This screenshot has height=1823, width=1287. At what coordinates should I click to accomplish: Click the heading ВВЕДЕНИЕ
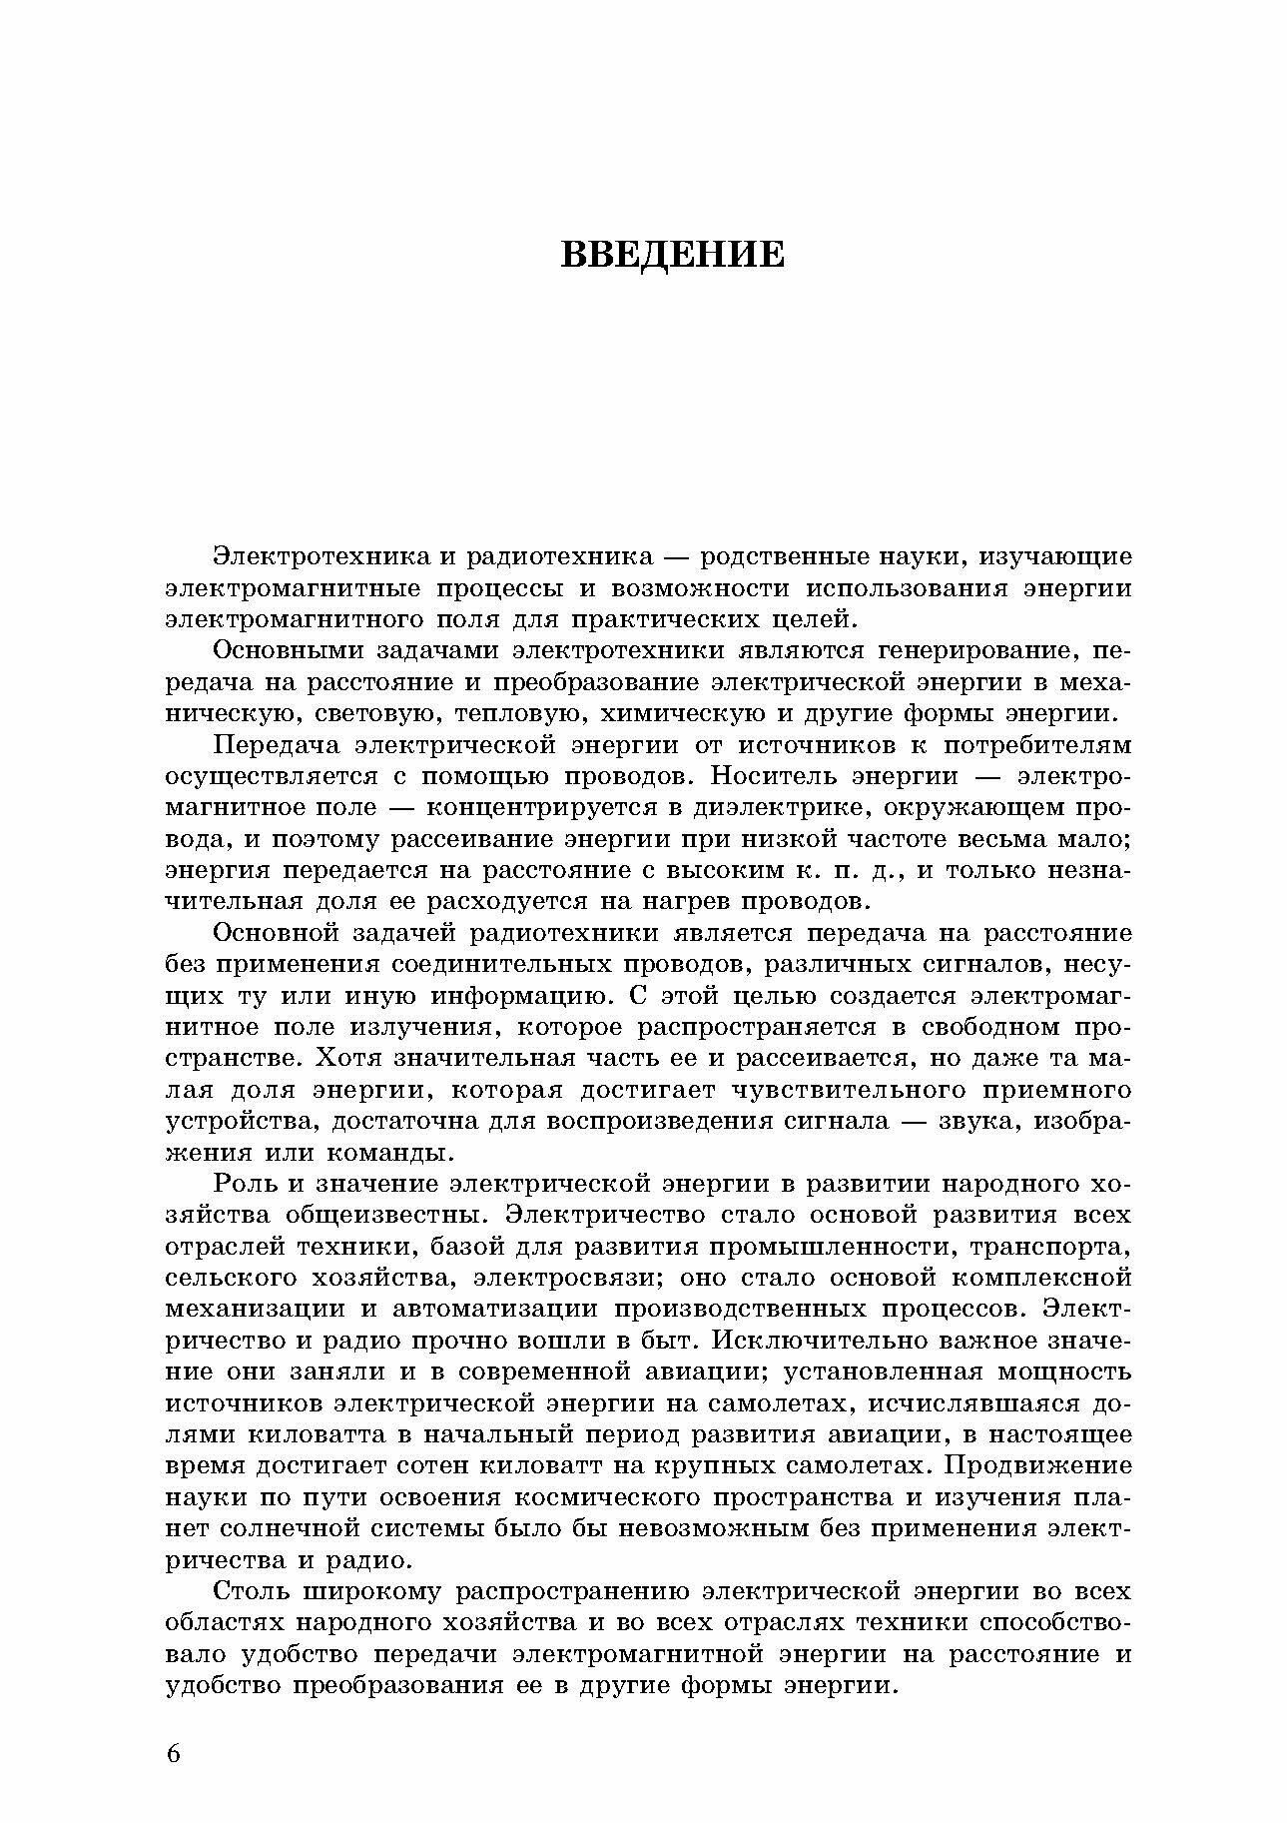click(x=672, y=254)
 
